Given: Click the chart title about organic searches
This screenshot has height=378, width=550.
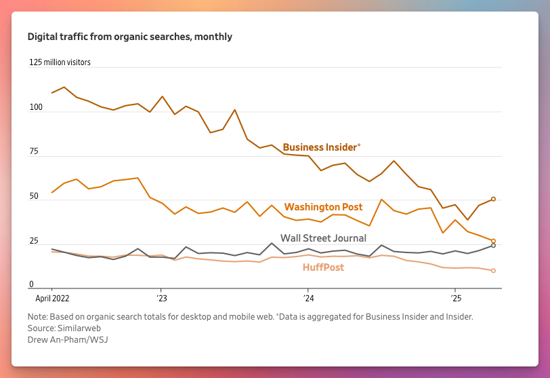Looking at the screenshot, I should tap(129, 37).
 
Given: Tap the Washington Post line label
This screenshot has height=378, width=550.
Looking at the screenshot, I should tap(323, 207).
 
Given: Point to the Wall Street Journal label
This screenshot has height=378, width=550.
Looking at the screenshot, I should tap(323, 238).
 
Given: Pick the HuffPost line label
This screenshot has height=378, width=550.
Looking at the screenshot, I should tap(323, 267).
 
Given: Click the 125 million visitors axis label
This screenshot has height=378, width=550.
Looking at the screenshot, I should tap(60, 62).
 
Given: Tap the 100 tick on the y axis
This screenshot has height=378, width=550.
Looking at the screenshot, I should tap(36, 107).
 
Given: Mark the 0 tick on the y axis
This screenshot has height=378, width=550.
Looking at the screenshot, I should tap(31, 284).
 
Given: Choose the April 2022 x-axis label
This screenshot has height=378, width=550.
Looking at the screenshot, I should tap(51, 298).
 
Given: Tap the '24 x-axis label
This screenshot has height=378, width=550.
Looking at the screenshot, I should tap(308, 298).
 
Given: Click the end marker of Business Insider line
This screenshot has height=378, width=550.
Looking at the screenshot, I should tap(493, 199).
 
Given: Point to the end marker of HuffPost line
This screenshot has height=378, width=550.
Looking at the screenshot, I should tap(493, 271).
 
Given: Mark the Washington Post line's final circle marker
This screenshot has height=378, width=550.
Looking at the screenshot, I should tap(493, 241).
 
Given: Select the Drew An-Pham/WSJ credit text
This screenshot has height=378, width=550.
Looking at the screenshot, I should tap(68, 339).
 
